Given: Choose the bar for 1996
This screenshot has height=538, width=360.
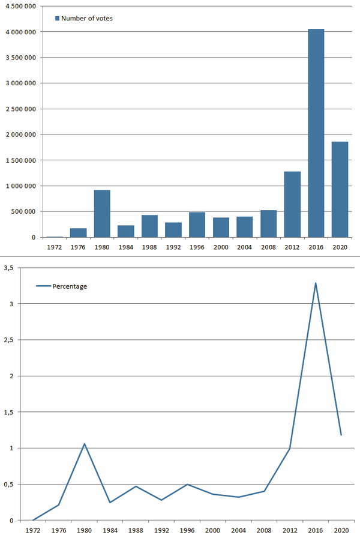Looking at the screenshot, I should pyautogui.click(x=197, y=225).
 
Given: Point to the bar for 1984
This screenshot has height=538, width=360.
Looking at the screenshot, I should pyautogui.click(x=126, y=231).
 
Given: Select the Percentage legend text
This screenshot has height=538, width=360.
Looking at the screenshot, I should pyautogui.click(x=70, y=286).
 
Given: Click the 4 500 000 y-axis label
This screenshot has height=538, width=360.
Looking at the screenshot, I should pyautogui.click(x=20, y=6).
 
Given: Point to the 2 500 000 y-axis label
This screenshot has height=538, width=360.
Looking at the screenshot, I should pyautogui.click(x=20, y=109).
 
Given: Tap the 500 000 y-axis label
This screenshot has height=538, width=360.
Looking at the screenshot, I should pyautogui.click(x=23, y=211).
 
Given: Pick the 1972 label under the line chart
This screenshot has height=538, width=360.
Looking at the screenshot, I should pyautogui.click(x=33, y=530).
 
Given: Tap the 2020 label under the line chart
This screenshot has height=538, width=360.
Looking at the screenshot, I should pyautogui.click(x=341, y=530).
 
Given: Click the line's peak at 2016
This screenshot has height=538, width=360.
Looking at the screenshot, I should pyautogui.click(x=316, y=283).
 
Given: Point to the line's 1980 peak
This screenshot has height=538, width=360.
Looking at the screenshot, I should pyautogui.click(x=85, y=444).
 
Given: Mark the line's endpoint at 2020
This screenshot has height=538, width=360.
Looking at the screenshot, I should pyautogui.click(x=341, y=435).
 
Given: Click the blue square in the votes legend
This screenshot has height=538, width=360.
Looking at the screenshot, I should pyautogui.click(x=57, y=19).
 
